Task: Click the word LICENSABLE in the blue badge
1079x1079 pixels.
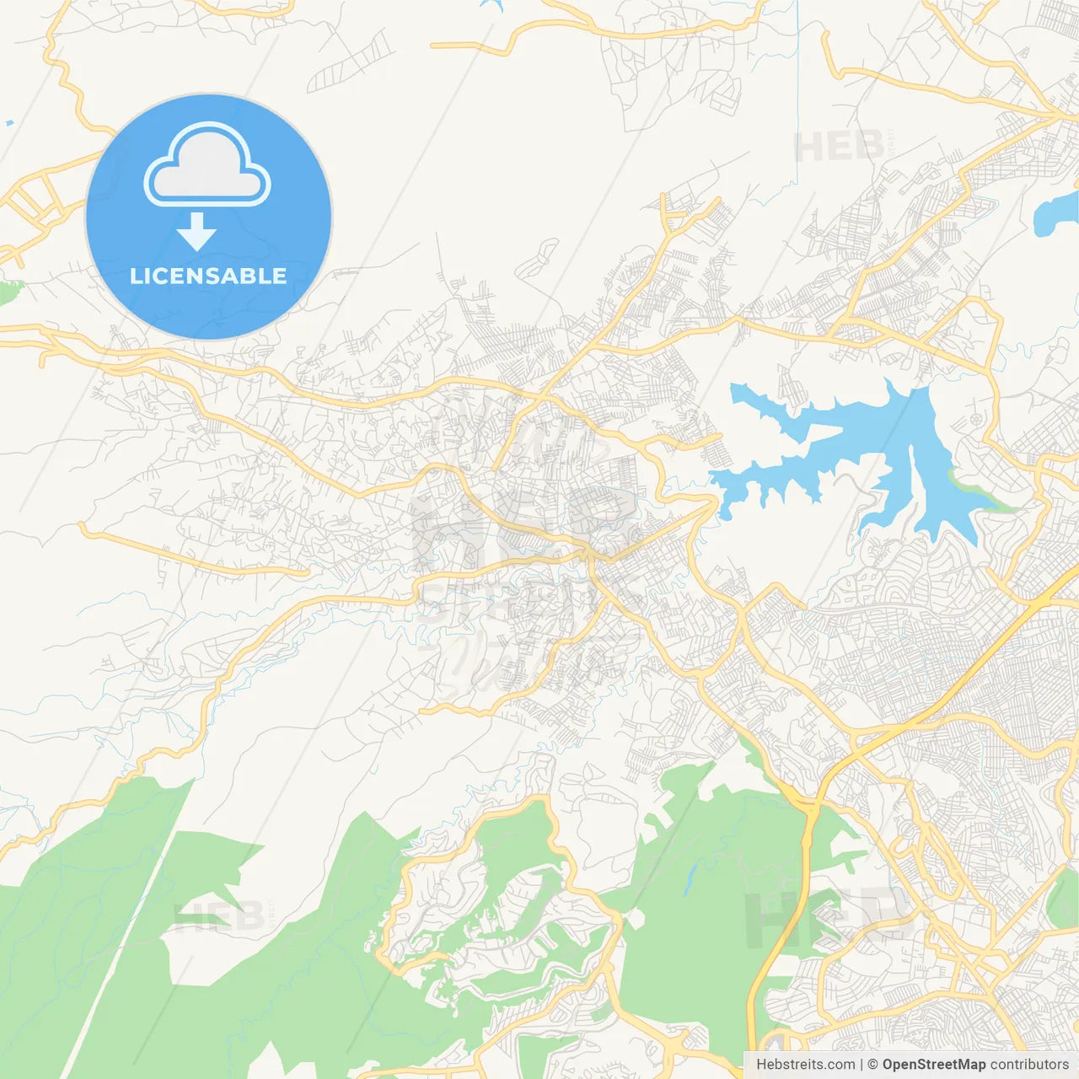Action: coord(208,276)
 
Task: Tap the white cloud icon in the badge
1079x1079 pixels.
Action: coord(207,169)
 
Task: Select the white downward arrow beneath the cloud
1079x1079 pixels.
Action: coord(196,232)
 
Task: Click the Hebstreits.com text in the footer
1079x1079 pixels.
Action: coord(805,1065)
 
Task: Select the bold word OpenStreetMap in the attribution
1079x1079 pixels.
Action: coord(934,1065)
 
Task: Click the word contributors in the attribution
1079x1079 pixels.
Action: coord(1029,1065)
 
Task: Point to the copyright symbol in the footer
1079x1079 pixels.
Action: coord(873,1065)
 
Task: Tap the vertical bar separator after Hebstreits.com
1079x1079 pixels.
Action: coord(862,1065)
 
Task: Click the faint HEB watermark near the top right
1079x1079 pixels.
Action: coord(839,148)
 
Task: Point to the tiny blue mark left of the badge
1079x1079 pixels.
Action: coord(9,124)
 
